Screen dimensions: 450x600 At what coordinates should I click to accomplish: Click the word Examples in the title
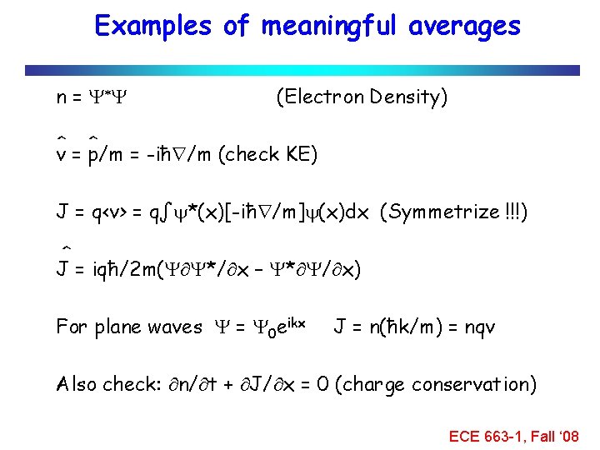(153, 27)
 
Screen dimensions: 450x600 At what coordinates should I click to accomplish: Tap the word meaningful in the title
(330, 27)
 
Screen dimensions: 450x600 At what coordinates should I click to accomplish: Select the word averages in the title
(464, 27)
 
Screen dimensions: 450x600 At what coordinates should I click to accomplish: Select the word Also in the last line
(75, 384)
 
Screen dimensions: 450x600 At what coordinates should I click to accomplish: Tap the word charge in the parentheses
(391, 384)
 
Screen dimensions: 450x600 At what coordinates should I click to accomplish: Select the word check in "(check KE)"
(249, 154)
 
